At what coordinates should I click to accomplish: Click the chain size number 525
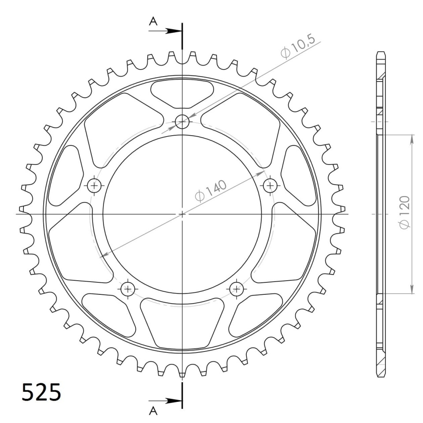[41, 392]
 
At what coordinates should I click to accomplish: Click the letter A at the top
[153, 21]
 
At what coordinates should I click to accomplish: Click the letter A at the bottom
[153, 411]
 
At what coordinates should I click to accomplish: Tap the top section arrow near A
[165, 31]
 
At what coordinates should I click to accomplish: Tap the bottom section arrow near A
[165, 401]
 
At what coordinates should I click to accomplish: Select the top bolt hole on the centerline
[182, 122]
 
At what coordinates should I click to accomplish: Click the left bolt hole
[94, 186]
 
